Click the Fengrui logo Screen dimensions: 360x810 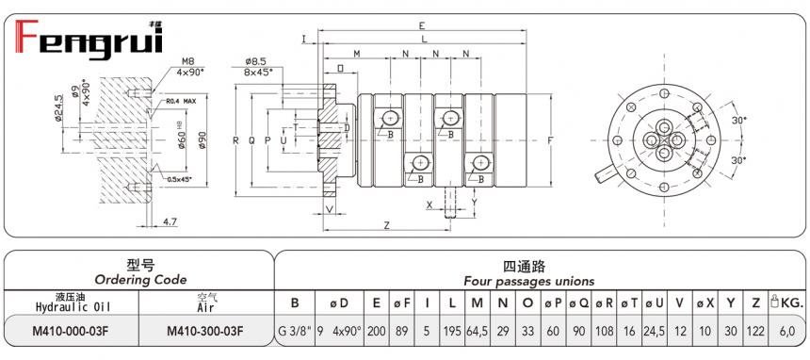(89, 40)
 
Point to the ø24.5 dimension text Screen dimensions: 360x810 (58, 107)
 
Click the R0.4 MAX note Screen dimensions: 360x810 (181, 101)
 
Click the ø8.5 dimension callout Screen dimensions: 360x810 (257, 60)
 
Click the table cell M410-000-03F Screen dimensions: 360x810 (72, 331)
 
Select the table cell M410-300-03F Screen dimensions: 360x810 (205, 331)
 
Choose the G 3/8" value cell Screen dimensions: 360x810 (295, 331)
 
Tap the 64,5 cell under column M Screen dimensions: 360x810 (478, 331)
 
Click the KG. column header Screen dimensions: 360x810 (787, 303)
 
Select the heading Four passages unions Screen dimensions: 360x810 (528, 281)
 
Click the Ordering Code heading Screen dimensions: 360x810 (140, 280)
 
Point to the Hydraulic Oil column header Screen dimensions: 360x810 (72, 306)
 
